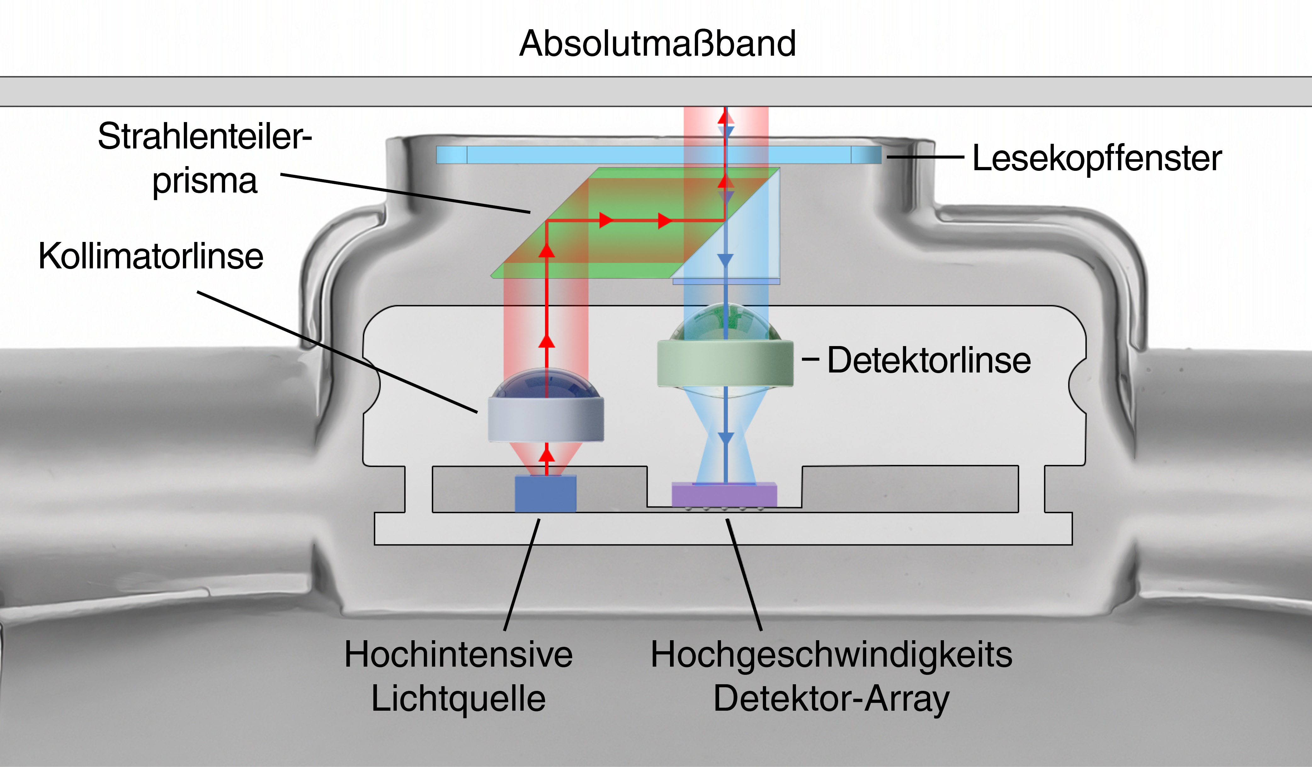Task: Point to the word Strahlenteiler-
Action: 205,136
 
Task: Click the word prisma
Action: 205,181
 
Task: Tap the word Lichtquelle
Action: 458,698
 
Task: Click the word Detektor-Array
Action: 832,698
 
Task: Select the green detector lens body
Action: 725,363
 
